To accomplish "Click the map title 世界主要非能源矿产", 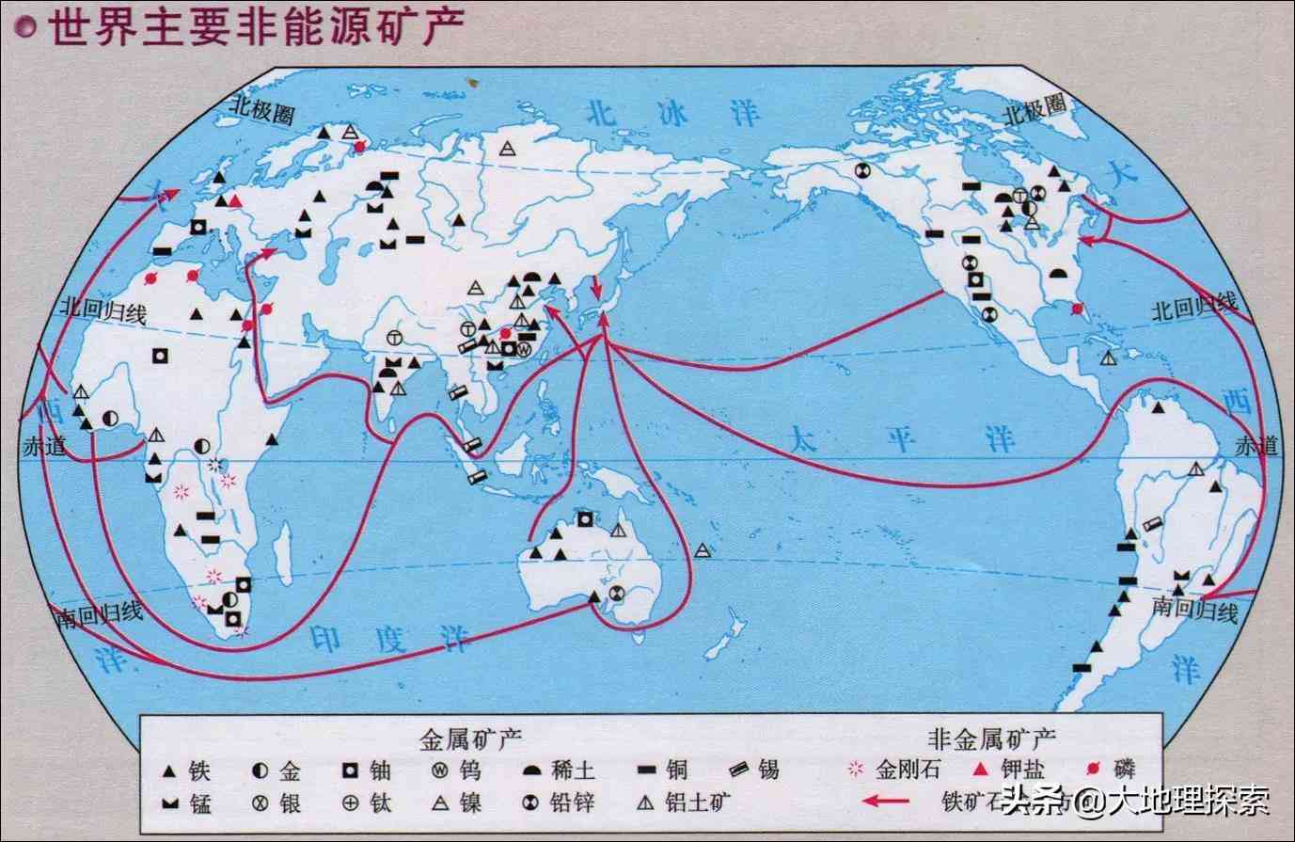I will [256, 27].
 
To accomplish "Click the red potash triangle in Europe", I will [236, 201].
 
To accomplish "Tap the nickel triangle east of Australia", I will [703, 551].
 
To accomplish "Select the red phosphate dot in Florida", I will [1076, 308].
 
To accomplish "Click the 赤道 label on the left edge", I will [42, 448].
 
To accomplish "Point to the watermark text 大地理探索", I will [1187, 802].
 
